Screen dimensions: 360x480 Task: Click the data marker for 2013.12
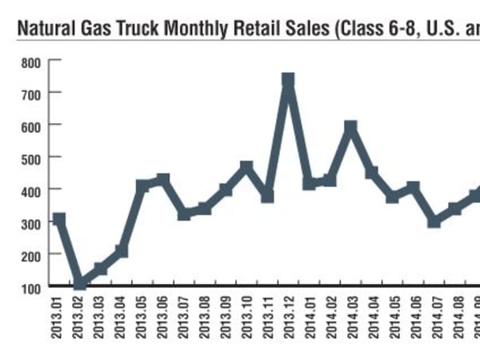(x=288, y=80)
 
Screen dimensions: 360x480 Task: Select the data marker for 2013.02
(x=80, y=284)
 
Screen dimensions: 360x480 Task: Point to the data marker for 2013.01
(x=59, y=218)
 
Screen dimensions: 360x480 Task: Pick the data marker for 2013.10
(x=246, y=167)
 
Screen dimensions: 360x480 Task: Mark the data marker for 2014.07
(x=434, y=221)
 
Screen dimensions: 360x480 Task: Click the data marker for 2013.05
(x=142, y=186)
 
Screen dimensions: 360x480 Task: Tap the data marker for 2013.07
(x=184, y=214)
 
